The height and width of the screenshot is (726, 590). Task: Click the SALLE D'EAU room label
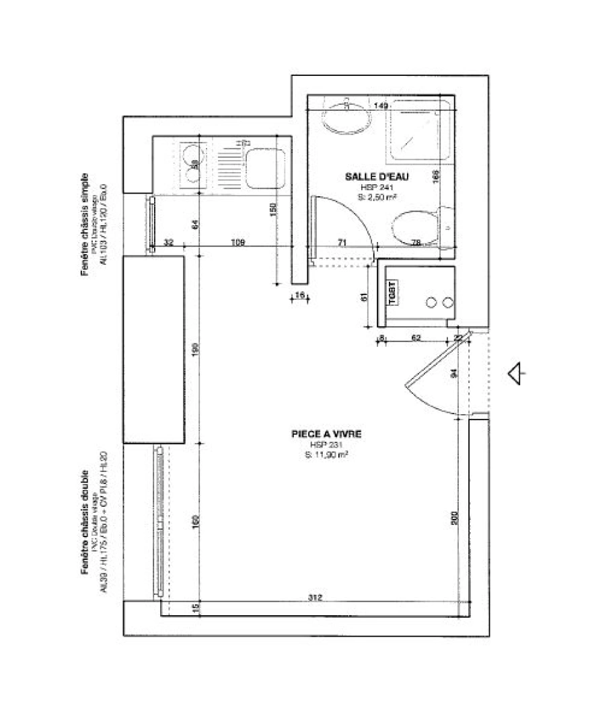click(377, 177)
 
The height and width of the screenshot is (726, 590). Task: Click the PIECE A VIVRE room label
click(326, 435)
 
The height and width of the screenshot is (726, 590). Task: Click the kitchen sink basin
click(266, 169)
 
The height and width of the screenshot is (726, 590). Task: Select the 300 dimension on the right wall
click(455, 518)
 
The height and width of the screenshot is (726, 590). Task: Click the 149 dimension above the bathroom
click(381, 106)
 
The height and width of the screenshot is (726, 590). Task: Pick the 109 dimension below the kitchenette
click(237, 242)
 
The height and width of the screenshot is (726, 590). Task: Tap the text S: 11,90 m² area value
click(326, 455)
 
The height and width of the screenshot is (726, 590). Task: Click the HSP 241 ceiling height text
click(377, 187)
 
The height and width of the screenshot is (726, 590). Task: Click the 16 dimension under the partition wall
click(299, 295)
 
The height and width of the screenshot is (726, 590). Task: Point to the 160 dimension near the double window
click(195, 521)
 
